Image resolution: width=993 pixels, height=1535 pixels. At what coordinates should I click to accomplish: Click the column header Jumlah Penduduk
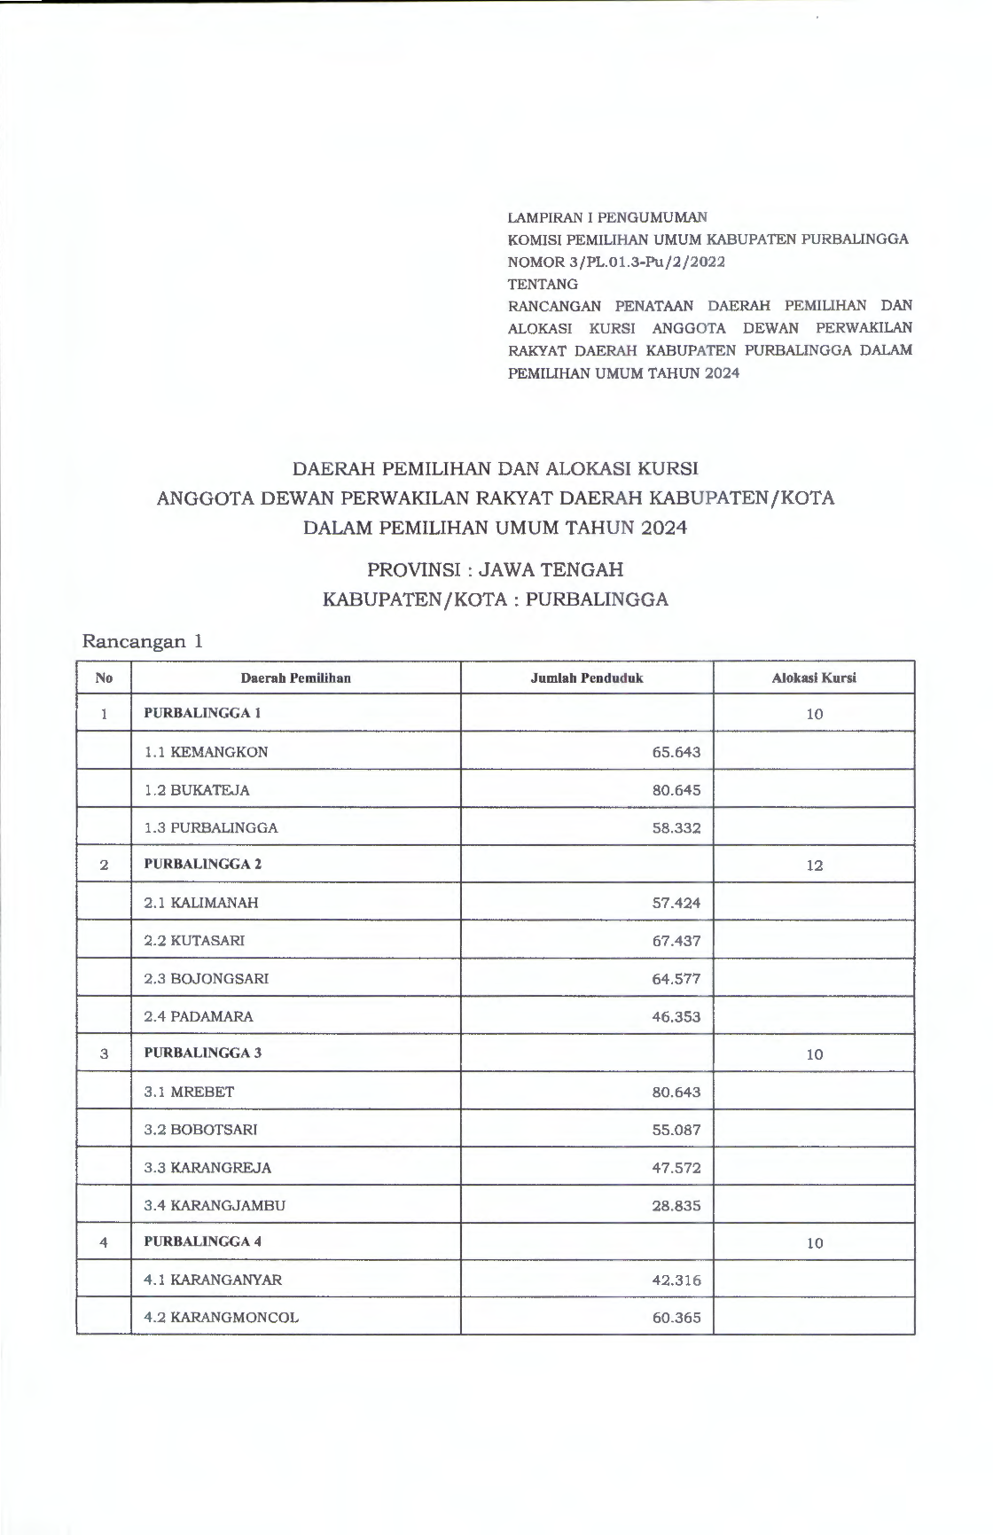tap(586, 678)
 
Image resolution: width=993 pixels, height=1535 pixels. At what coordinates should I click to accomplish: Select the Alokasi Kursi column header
tap(813, 678)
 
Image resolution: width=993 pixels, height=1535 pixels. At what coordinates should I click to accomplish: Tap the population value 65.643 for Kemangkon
tap(676, 752)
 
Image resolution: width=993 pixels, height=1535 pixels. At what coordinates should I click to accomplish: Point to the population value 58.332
tap(676, 828)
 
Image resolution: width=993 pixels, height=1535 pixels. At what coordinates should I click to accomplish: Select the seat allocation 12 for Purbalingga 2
tap(814, 865)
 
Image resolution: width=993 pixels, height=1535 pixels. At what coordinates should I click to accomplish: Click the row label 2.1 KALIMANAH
tap(201, 903)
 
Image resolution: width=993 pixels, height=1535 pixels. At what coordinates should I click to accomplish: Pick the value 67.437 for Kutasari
tap(676, 941)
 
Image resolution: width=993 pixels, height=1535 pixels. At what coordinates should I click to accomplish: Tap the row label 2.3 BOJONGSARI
tap(206, 979)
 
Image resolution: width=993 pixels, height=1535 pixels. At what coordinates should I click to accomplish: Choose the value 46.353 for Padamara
tap(676, 1017)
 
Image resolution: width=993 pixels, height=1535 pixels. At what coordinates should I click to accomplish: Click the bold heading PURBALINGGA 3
tap(202, 1053)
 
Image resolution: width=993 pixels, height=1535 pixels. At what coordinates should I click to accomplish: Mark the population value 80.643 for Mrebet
tap(676, 1093)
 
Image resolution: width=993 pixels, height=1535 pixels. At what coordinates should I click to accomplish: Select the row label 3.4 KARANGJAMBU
tap(215, 1206)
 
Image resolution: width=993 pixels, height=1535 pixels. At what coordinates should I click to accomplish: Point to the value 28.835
tap(676, 1206)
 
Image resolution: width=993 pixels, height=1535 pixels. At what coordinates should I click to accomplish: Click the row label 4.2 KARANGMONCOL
tap(221, 1318)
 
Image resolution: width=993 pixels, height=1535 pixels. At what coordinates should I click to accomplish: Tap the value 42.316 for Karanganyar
tap(676, 1280)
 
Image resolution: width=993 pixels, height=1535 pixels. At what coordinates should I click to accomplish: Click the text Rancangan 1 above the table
tap(142, 641)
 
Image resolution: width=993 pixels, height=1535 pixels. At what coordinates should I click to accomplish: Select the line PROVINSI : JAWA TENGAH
tap(495, 569)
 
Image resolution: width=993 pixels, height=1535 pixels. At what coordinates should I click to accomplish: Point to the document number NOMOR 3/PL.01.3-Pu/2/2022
tap(616, 262)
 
